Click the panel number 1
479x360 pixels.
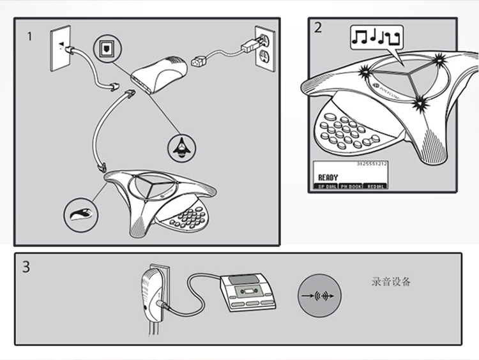(x=29, y=36)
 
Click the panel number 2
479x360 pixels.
(x=317, y=27)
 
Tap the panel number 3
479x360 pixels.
(x=26, y=267)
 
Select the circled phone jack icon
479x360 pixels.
(x=105, y=48)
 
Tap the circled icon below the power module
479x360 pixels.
(x=181, y=146)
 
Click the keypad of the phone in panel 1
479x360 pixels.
(x=188, y=217)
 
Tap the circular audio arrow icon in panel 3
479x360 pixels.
(x=319, y=297)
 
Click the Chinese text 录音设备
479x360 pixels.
(x=391, y=281)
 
